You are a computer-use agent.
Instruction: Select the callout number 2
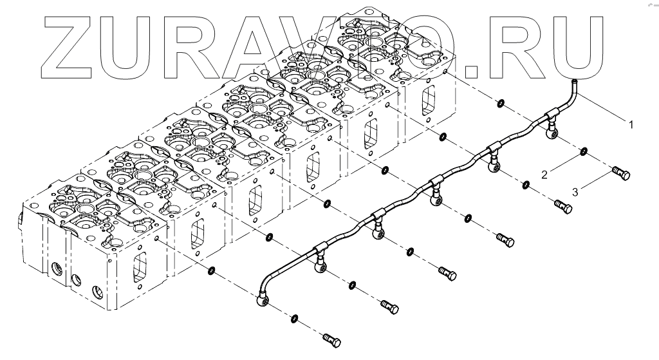(x=544, y=174)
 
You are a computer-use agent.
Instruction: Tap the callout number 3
(x=576, y=191)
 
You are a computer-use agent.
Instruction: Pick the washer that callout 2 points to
(x=583, y=152)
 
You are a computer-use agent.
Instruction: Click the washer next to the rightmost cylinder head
(x=500, y=103)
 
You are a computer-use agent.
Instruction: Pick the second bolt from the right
(x=562, y=207)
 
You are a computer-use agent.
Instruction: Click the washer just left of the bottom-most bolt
(x=294, y=318)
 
